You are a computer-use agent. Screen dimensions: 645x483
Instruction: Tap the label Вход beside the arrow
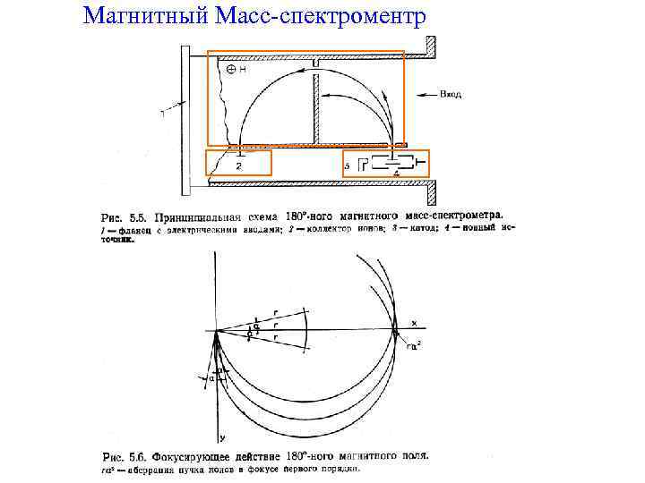click(451, 93)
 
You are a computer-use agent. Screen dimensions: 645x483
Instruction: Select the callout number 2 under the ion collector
click(238, 166)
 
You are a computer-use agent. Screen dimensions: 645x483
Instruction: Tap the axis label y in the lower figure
click(220, 438)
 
